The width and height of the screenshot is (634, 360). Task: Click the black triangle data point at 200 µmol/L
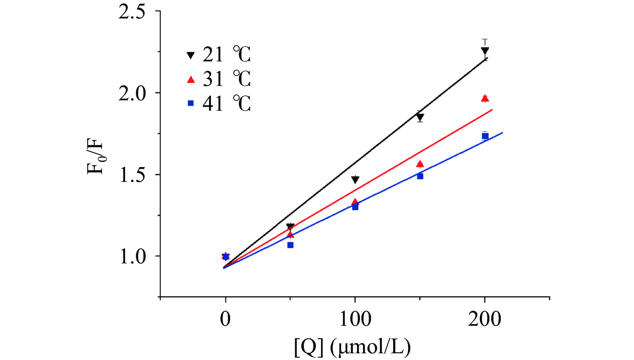tap(485, 51)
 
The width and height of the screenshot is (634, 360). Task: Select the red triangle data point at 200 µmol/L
tap(485, 98)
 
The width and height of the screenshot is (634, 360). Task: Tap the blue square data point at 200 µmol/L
tap(485, 136)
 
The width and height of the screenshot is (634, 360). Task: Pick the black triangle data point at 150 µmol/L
tap(420, 117)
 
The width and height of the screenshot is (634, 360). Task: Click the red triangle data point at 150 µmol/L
tap(420, 164)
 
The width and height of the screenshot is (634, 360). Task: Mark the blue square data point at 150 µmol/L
tap(420, 176)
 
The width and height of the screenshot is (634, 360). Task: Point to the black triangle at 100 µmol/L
tap(355, 179)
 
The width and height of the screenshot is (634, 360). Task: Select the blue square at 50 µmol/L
tap(290, 245)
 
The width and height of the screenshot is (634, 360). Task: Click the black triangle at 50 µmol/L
tap(290, 226)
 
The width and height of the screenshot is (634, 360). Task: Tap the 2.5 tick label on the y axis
tap(132, 12)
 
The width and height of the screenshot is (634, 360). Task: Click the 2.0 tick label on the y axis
tap(132, 93)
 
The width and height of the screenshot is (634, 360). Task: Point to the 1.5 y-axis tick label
tap(132, 175)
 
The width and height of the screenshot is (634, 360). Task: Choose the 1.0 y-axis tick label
tap(132, 257)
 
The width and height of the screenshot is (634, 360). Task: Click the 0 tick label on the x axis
tap(225, 319)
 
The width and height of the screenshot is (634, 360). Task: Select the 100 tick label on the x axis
tap(355, 319)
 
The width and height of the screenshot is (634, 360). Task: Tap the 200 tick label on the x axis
tap(485, 319)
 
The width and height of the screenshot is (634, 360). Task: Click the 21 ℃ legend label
tap(227, 54)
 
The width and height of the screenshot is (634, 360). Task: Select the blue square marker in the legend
tap(191, 103)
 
